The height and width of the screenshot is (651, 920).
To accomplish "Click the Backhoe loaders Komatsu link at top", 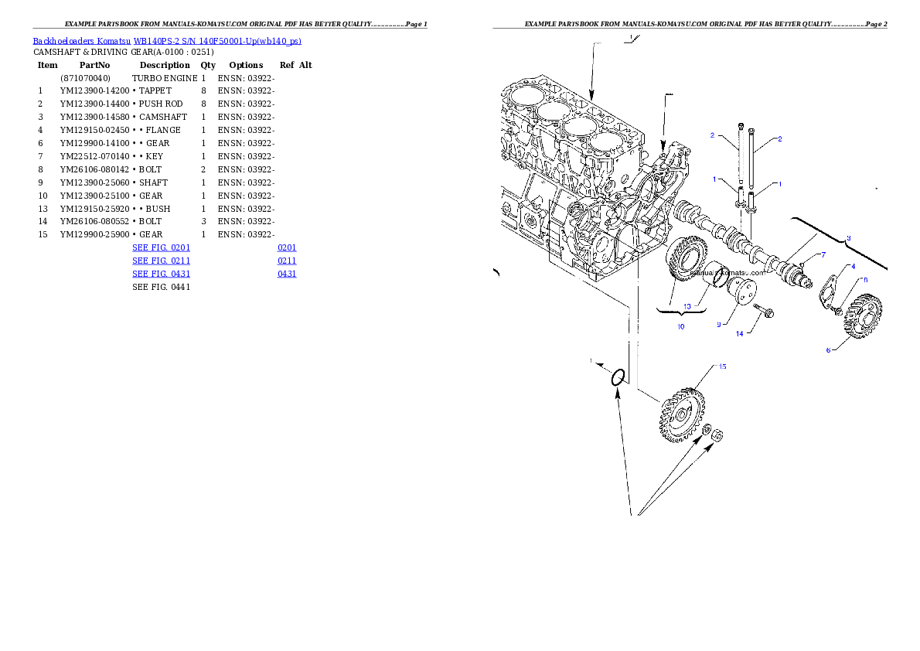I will (x=167, y=41).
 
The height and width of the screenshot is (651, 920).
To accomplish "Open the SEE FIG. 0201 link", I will (x=161, y=247).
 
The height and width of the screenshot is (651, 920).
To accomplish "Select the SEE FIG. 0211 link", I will (x=161, y=261).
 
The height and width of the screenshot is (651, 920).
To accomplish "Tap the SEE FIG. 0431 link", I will (x=161, y=274).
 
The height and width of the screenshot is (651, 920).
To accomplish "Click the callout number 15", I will (x=723, y=366).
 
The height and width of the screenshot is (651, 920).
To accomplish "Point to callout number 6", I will (x=828, y=349).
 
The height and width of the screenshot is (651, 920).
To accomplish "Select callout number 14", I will (x=739, y=334).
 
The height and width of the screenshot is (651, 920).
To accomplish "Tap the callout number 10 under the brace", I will (x=680, y=326).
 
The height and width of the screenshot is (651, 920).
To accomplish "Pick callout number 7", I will (x=823, y=254).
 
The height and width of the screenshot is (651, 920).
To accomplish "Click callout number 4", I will (x=853, y=266).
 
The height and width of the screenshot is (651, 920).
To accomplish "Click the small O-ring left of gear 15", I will (x=618, y=378).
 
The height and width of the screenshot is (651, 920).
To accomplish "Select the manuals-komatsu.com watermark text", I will (x=727, y=272).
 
